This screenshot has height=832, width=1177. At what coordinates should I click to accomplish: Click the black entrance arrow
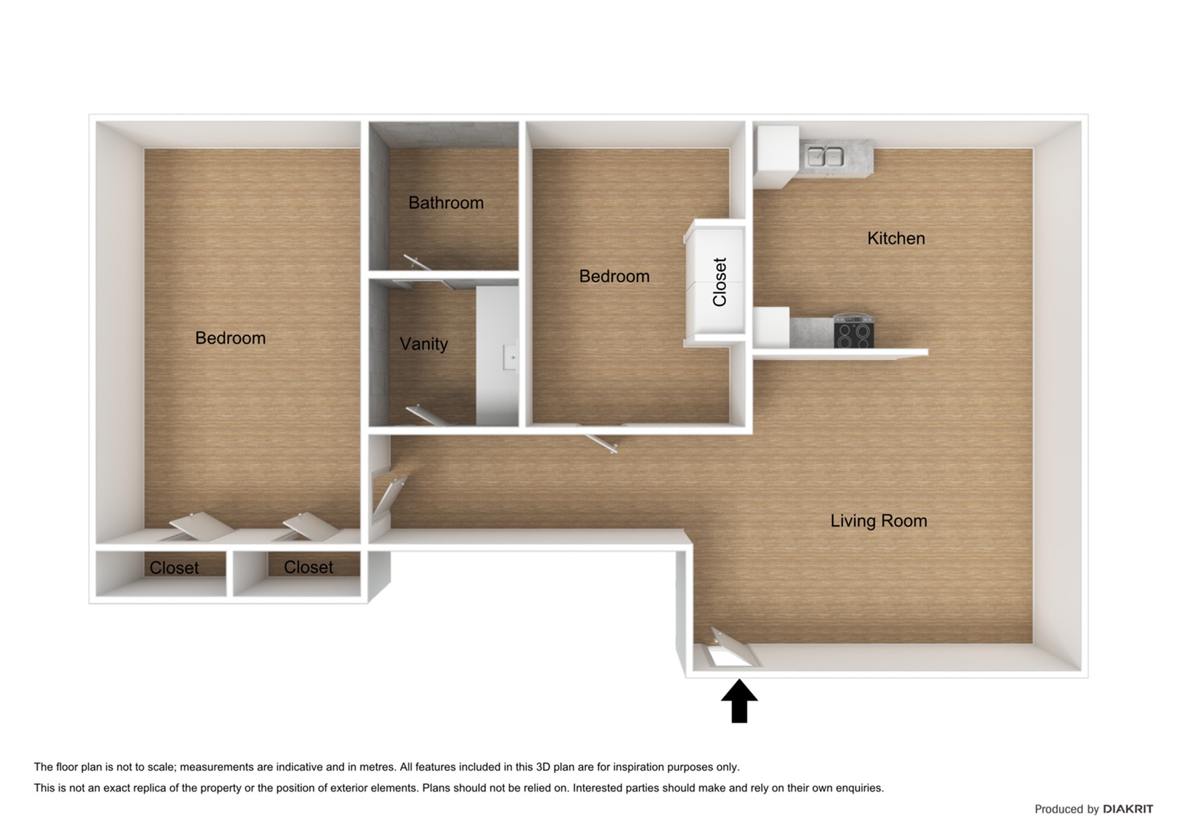click(x=739, y=701)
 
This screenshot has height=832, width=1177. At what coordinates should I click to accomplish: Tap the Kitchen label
click(x=895, y=238)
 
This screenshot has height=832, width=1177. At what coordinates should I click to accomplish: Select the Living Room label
click(x=878, y=521)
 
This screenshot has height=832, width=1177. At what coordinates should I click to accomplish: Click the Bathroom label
click(x=446, y=203)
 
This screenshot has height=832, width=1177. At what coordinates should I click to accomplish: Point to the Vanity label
click(x=423, y=344)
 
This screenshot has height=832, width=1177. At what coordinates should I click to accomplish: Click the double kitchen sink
click(x=825, y=157)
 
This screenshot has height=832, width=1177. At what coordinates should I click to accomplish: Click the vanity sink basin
click(x=510, y=357)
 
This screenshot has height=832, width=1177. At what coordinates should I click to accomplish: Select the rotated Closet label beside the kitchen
click(x=719, y=282)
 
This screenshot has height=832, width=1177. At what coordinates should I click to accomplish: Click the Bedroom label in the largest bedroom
click(x=230, y=337)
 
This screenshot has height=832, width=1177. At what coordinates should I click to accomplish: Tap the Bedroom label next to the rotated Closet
click(x=614, y=276)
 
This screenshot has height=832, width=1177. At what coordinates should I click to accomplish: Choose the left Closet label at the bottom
click(x=174, y=568)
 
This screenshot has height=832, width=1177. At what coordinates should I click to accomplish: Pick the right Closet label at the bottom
click(x=308, y=567)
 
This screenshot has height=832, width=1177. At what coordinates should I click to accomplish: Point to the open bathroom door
click(x=418, y=262)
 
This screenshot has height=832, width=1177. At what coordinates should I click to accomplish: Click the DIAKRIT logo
click(x=1127, y=809)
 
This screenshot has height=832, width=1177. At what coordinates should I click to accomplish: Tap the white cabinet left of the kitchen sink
click(x=776, y=156)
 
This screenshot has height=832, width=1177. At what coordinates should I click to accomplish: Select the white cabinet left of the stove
click(x=771, y=327)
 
